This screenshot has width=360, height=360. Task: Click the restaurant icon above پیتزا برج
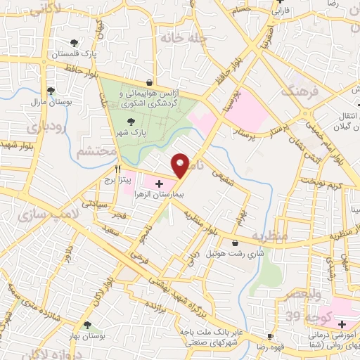(x=118, y=169)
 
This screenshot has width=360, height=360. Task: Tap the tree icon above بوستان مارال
(x=51, y=90)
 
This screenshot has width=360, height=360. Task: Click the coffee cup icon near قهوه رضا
(x=269, y=336)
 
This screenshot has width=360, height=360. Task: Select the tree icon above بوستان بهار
(x=86, y=325)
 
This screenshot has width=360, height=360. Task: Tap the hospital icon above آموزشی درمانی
(x=342, y=325)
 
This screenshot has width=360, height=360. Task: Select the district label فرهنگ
(x=296, y=91)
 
